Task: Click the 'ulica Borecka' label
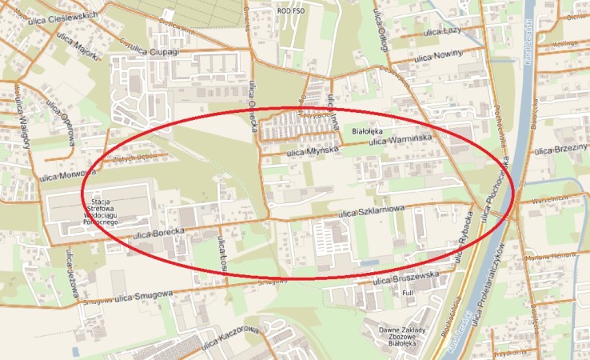coord(159,233)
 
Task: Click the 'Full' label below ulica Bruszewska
coord(407,294)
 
